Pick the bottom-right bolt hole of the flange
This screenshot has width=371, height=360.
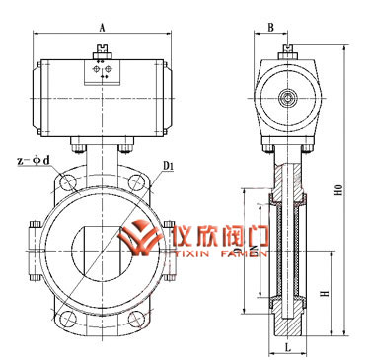(138, 318)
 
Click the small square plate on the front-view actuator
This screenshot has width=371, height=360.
(102, 73)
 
